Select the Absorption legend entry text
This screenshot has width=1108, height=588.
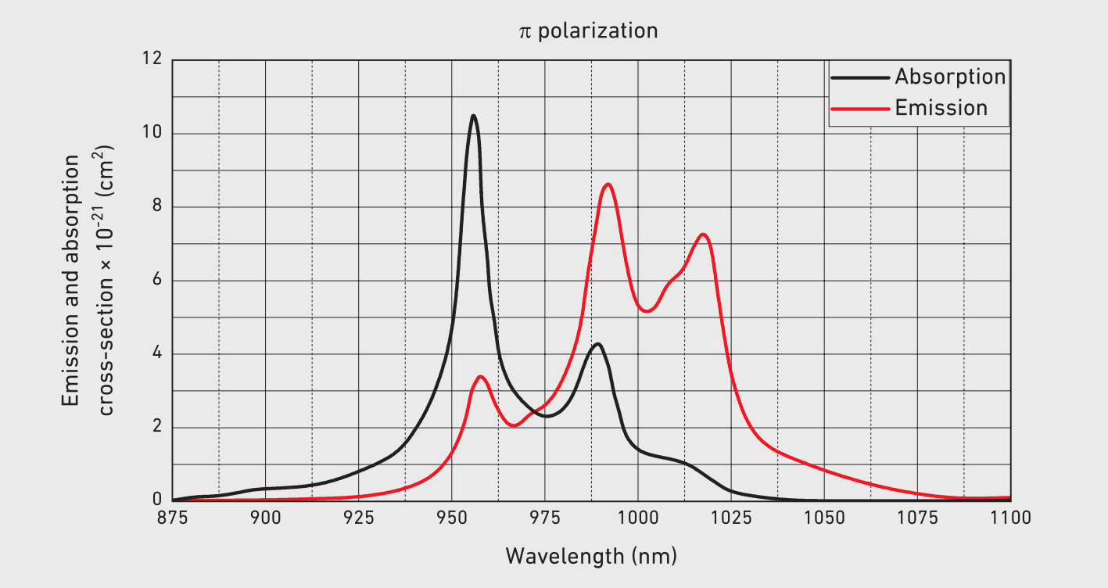coord(950,77)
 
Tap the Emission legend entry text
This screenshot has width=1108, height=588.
coord(941,108)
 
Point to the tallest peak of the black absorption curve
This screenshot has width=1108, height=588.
coord(473,116)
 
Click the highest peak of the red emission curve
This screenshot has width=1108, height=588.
coord(608,185)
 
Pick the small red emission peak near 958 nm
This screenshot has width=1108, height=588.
coord(481,377)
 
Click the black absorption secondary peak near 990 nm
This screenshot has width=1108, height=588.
coord(598,344)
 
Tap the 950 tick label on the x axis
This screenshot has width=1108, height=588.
coord(451,518)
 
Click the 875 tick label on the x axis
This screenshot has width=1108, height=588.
coord(172,518)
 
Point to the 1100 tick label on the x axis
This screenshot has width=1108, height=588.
coord(1010,518)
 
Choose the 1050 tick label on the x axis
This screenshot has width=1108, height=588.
coord(824,518)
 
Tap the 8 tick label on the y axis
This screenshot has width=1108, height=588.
coord(156,207)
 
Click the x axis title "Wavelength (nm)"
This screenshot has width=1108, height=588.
coord(590,556)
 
